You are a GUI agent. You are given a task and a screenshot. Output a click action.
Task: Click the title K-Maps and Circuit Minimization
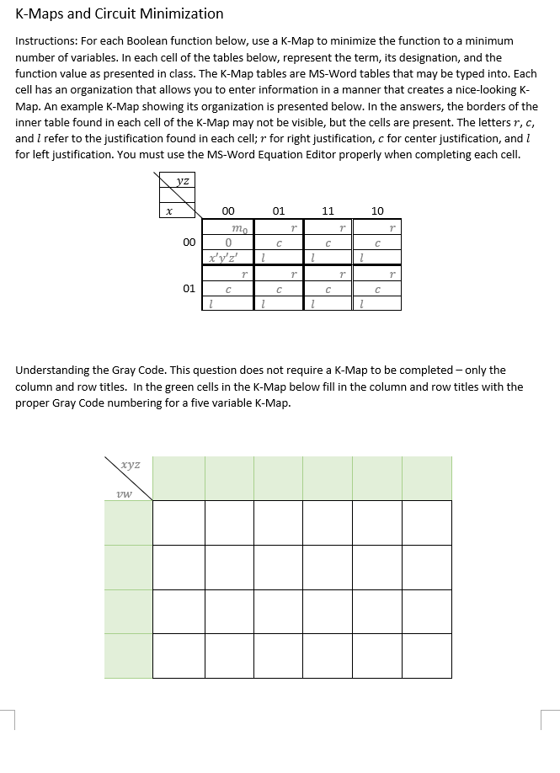click(120, 13)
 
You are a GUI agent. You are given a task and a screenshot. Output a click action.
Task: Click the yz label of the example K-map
click(183, 179)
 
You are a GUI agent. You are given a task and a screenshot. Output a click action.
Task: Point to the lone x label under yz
click(168, 212)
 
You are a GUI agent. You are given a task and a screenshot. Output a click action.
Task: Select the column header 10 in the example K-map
click(376, 211)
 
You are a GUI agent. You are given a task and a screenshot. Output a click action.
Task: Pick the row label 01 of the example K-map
click(189, 288)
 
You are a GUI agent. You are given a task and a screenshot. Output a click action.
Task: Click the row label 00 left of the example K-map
click(189, 242)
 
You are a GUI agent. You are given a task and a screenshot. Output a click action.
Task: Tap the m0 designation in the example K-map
click(240, 227)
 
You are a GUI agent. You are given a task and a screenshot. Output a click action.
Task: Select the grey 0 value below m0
click(228, 242)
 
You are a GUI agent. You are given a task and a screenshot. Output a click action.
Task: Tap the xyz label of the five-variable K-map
click(131, 464)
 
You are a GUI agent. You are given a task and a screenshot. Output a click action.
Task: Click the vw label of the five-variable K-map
click(123, 494)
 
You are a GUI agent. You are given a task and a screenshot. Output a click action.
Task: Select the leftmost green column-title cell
click(179, 478)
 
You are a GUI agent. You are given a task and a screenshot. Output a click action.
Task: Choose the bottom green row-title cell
click(128, 655)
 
